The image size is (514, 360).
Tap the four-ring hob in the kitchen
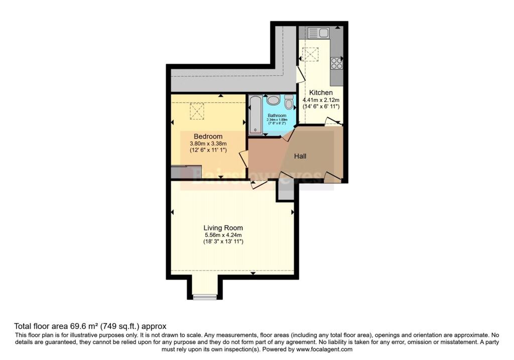click(x=336, y=64)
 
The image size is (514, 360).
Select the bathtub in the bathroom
click(x=254, y=114)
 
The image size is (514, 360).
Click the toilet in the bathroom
click(x=289, y=102)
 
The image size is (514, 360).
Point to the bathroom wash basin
click(x=273, y=100)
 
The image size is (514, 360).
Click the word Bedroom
click(x=208, y=136)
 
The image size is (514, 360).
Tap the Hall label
click(x=300, y=156)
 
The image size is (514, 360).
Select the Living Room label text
click(x=223, y=227)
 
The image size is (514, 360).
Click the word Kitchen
click(x=321, y=93)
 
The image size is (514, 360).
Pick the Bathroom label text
click(x=277, y=115)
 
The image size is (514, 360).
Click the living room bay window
click(x=205, y=297)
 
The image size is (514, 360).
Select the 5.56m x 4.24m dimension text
click(x=223, y=234)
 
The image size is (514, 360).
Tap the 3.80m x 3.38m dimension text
click(x=208, y=143)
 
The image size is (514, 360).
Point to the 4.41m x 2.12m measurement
click(x=321, y=100)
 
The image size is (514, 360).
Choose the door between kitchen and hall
click(x=332, y=121)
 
